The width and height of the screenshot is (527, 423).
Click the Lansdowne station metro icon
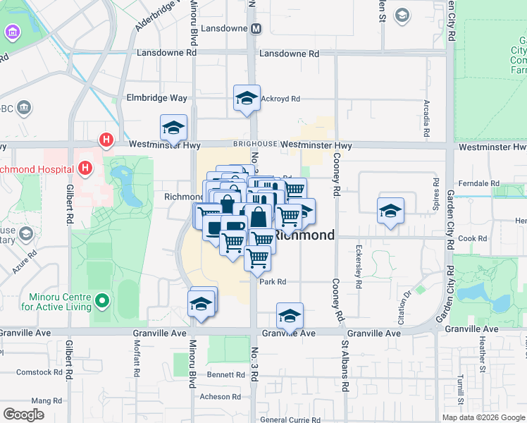coord(256,29)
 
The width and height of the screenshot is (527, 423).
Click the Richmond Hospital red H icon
coord(85,168)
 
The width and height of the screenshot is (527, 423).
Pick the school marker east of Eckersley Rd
coord(390,211)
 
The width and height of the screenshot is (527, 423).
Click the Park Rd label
coord(272,281)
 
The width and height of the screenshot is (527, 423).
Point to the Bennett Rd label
coord(226,374)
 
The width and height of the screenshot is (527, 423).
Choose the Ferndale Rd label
coord(478,183)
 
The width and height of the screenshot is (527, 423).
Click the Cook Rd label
coord(473,238)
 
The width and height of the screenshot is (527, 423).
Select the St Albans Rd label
coord(345,367)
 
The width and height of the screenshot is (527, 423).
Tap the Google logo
coord(23,415)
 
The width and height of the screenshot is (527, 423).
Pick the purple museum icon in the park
coord(12,33)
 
